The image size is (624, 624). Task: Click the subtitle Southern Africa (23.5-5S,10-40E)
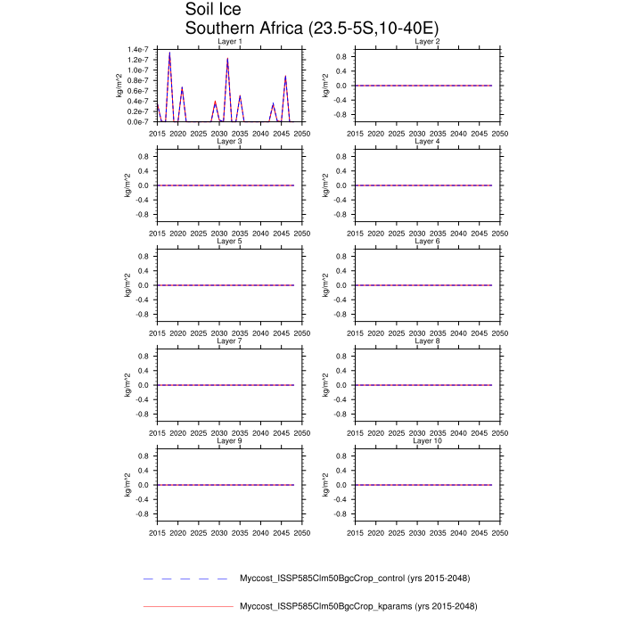(311, 29)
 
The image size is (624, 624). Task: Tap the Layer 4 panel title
(427, 141)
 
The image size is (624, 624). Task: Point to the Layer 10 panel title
(427, 440)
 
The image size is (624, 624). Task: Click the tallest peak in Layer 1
(169, 53)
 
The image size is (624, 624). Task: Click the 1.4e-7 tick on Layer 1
(137, 49)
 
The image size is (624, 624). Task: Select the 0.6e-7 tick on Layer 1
(137, 90)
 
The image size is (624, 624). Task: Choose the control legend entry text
(355, 579)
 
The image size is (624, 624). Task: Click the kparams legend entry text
(355, 606)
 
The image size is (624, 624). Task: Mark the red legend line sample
(186, 606)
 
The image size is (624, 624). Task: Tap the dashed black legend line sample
(186, 579)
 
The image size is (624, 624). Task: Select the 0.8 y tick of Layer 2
(341, 56)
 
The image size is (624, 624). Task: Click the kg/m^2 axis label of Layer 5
(127, 285)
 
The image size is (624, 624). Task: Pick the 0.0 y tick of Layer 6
(341, 285)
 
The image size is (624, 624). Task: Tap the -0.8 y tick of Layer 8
(339, 414)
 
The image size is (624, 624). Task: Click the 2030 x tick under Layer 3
(219, 233)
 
